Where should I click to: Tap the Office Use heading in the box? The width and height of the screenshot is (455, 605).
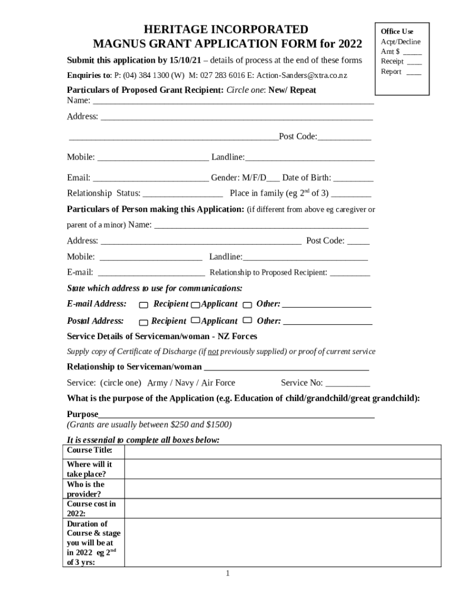(x=396, y=31)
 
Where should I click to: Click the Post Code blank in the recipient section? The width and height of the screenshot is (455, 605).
(x=344, y=137)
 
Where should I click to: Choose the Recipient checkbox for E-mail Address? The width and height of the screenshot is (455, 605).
(x=144, y=305)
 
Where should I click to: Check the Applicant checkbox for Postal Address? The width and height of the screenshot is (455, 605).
(x=195, y=321)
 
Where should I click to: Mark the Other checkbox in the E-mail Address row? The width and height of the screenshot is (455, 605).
(x=247, y=305)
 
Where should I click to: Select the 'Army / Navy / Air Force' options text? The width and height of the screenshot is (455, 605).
(x=191, y=383)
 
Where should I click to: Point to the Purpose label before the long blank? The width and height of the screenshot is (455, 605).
(x=82, y=414)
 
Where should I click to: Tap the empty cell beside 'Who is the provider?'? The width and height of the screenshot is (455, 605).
(x=282, y=489)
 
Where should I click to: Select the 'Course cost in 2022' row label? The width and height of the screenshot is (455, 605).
(x=92, y=508)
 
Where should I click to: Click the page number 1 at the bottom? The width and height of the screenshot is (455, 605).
(x=227, y=574)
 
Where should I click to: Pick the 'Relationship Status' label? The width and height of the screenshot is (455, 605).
(x=103, y=193)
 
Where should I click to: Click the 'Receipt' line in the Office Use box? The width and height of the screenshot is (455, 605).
(x=392, y=61)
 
